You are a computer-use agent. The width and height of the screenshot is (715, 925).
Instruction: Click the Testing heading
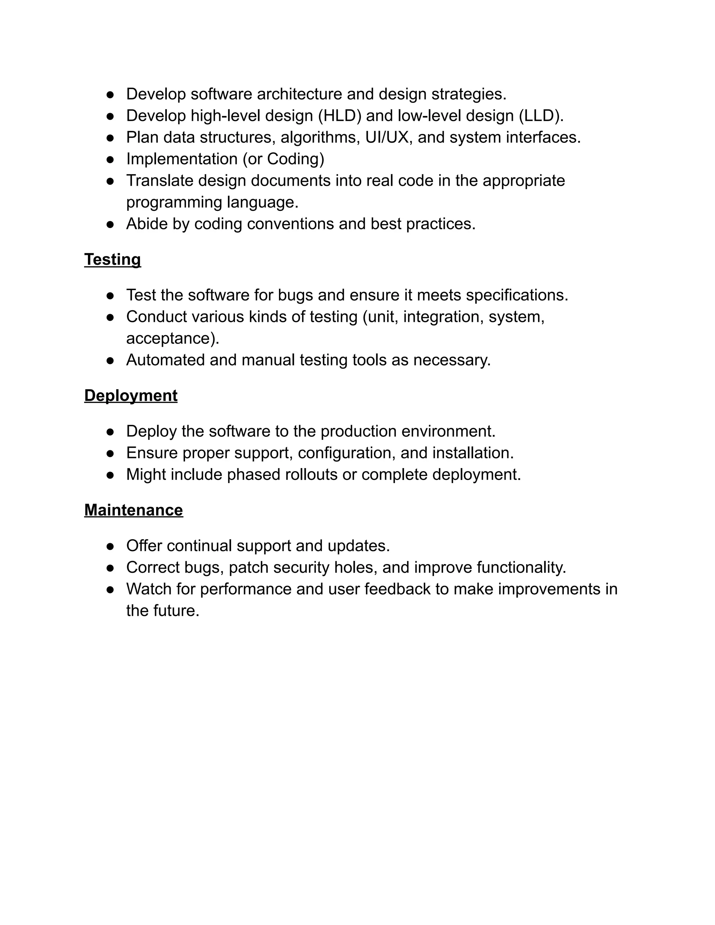112,259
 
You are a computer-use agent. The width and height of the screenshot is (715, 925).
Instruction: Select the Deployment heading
131,395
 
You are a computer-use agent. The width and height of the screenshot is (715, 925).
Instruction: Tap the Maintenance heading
133,510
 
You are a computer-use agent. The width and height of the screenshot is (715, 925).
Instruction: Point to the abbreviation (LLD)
541,116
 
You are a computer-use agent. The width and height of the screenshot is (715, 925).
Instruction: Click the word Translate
159,180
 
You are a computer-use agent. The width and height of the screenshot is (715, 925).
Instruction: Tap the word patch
248,567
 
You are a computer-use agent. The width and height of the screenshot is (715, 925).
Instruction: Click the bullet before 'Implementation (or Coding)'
110,159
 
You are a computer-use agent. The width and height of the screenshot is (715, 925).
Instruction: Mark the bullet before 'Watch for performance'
110,589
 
